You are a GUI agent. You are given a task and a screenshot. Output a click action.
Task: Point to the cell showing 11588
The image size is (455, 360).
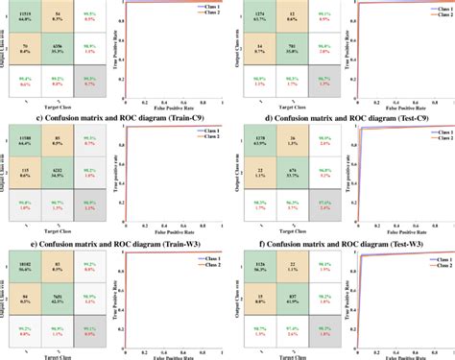(27, 142)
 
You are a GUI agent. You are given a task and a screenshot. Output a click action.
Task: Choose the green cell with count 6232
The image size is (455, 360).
(59, 174)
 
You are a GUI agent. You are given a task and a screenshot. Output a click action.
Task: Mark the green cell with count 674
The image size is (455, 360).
(289, 174)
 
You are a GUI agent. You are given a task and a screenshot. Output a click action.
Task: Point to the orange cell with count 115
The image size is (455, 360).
(27, 174)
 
